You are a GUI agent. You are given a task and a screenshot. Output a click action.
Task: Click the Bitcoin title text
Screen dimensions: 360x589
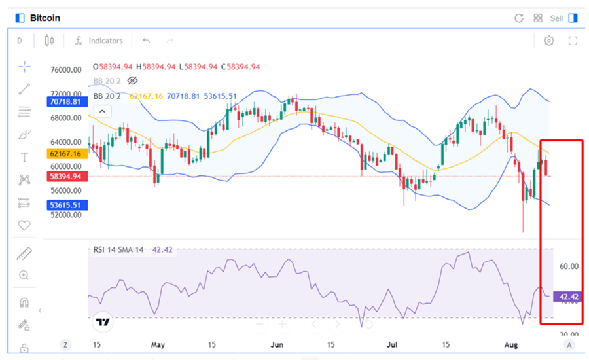click(45, 18)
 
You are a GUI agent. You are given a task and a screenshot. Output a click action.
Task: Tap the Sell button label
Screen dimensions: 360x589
click(556, 18)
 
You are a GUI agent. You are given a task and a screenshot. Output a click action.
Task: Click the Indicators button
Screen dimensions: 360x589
click(105, 41)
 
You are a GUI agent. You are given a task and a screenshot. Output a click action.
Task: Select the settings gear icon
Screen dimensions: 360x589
click(549, 41)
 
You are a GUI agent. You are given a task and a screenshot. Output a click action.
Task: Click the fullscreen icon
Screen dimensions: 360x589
click(573, 41)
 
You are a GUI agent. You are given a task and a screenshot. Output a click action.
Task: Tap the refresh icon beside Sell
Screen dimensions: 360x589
click(519, 18)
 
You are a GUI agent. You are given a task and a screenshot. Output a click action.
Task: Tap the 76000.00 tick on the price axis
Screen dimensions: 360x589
click(65, 70)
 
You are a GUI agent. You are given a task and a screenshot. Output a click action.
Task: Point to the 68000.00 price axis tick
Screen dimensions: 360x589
click(65, 118)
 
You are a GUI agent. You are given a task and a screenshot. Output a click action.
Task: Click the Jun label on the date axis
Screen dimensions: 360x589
click(277, 344)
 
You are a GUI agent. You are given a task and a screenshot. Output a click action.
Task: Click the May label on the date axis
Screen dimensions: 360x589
click(158, 344)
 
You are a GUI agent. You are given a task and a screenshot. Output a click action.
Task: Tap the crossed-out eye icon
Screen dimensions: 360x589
click(132, 81)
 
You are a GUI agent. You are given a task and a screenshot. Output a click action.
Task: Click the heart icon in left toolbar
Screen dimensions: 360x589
click(24, 225)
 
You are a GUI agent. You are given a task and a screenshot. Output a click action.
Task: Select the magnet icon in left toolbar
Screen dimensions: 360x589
click(24, 302)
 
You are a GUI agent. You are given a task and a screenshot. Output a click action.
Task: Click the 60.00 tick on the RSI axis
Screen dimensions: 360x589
click(569, 266)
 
